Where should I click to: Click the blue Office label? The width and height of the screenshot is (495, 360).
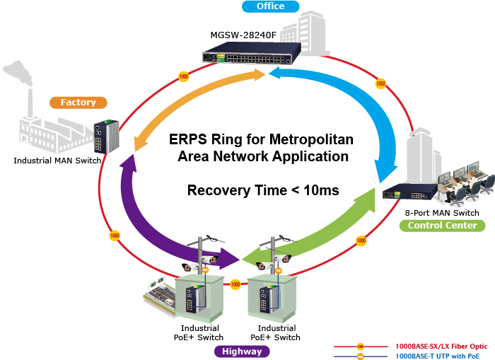269,6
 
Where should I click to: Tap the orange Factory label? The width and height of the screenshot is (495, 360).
78,103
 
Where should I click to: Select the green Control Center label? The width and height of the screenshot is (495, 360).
442,226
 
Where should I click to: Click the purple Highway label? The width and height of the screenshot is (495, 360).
241,352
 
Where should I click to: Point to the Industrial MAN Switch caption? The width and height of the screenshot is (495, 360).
57,161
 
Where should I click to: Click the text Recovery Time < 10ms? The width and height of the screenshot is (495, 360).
263,190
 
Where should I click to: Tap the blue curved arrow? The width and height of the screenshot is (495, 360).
354,113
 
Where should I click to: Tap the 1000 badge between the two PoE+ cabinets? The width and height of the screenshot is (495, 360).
235,284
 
